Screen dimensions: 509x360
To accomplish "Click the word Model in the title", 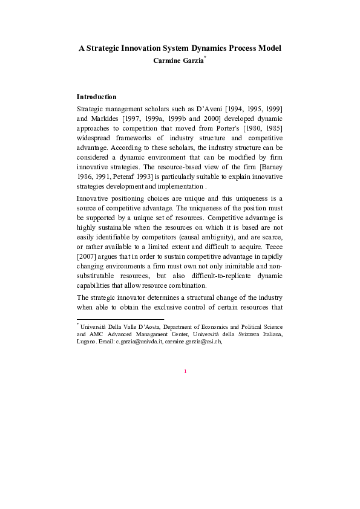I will click(267, 48).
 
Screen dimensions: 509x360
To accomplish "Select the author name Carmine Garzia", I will click(180, 60).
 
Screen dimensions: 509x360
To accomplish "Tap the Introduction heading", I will click(96, 97).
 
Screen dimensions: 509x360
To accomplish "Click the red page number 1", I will click(184, 371).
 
